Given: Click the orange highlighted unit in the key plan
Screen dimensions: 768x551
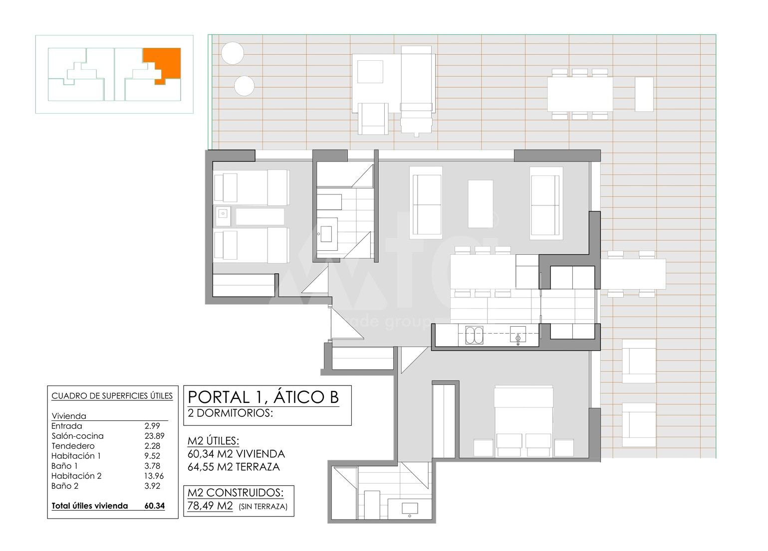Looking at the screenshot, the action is pos(170,62).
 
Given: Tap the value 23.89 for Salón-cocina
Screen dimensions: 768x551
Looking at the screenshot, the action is pos(154,436).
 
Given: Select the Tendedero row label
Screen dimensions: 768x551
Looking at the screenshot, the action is pos(73,446).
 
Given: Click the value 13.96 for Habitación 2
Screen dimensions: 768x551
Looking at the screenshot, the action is pos(154,476).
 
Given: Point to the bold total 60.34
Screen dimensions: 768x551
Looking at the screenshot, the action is pos(155,506).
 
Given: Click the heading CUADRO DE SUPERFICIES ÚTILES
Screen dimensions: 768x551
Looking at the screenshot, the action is pos(112,396).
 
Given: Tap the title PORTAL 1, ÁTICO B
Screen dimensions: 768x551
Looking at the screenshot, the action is pos(263,397).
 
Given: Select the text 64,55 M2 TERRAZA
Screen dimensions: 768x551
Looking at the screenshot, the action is pos(234,467).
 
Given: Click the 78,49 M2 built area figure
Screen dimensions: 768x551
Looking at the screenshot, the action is pos(210,506).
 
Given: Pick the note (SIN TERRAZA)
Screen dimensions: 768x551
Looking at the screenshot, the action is pos(263,507).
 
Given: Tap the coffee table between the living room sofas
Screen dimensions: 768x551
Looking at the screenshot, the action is pos(481,204).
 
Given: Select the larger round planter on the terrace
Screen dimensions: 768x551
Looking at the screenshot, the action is pos(233,53).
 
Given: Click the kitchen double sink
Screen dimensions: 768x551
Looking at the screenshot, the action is pos(475,335).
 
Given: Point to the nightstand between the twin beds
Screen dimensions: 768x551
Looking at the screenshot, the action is pos(223,216).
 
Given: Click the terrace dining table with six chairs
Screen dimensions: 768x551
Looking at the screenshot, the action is pos(580,94).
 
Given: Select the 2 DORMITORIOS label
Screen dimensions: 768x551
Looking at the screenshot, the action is pos(230,413).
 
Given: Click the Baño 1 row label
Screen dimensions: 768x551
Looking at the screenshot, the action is pos(64,466).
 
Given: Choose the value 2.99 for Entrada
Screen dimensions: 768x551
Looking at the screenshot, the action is pos(152,426).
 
